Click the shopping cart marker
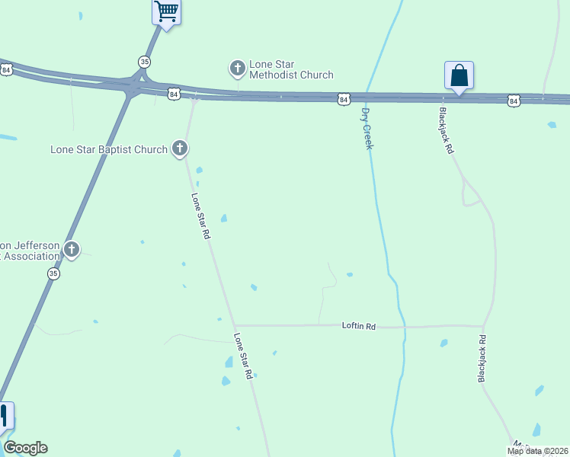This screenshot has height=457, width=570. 166,12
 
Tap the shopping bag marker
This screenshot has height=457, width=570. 459,76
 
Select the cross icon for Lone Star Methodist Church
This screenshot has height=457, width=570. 237,69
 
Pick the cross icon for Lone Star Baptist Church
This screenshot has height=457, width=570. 180,148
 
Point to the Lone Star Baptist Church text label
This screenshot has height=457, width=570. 109,149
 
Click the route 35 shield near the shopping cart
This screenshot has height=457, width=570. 145,61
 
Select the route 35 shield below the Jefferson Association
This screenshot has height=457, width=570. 53,273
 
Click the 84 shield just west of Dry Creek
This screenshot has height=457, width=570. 344,99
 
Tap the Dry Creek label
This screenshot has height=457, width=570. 367,128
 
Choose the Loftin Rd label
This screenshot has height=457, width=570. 359,326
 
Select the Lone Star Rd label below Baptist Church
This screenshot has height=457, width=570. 200,216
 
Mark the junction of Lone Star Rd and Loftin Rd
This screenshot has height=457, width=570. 234,325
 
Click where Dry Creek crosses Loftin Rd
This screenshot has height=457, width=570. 402,327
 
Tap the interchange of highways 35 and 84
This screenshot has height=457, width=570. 134,85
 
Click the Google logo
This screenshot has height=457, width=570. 25,448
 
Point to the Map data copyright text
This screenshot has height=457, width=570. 536,451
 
